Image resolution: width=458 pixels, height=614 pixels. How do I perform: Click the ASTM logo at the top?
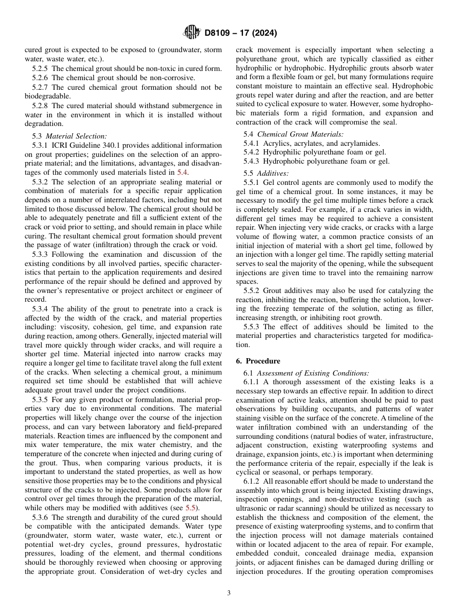191,33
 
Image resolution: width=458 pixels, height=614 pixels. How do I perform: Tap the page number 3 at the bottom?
229,593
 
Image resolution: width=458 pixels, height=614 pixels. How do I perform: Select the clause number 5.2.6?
41,78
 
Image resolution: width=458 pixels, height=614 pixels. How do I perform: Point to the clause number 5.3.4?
41,309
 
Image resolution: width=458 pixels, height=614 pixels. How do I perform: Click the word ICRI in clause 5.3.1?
61,145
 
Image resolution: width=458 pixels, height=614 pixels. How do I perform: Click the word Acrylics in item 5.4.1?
275,143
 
